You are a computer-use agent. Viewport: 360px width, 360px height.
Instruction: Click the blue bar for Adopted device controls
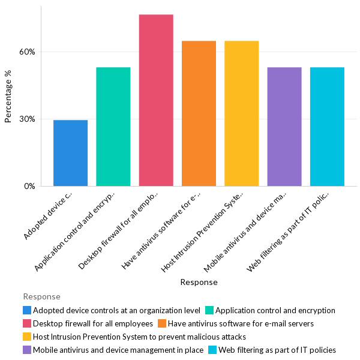tap(70, 153)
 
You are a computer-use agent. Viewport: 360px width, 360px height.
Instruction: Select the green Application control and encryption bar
tap(113, 127)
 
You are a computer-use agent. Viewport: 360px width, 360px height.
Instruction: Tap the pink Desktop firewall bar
tap(156, 100)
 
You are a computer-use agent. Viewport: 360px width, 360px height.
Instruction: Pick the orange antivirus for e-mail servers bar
tap(199, 113)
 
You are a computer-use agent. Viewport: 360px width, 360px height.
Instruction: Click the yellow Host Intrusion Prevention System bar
tap(242, 113)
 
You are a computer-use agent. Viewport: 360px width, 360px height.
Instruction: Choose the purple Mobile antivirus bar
tap(284, 127)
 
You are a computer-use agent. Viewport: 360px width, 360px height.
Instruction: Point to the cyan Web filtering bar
tap(327, 127)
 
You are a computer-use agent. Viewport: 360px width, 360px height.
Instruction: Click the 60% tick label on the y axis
tap(28, 52)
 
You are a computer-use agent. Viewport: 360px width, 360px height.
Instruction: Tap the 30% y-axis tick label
tap(28, 119)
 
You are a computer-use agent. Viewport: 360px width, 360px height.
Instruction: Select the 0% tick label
tap(30, 186)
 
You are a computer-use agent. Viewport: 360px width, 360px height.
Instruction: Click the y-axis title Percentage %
tap(8, 96)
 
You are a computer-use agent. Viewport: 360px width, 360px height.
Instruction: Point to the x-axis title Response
tap(199, 282)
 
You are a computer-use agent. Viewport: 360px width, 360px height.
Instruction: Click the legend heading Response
tap(41, 296)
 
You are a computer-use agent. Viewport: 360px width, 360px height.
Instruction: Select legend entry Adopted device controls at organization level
tap(116, 310)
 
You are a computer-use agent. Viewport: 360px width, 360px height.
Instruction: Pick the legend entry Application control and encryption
tap(275, 310)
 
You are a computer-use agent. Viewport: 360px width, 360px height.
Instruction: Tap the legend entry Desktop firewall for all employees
tap(92, 323)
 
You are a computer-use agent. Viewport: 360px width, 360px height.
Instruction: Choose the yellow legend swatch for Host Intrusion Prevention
tap(27, 337)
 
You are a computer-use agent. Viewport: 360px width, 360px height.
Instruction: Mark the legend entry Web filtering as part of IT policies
tap(277, 350)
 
